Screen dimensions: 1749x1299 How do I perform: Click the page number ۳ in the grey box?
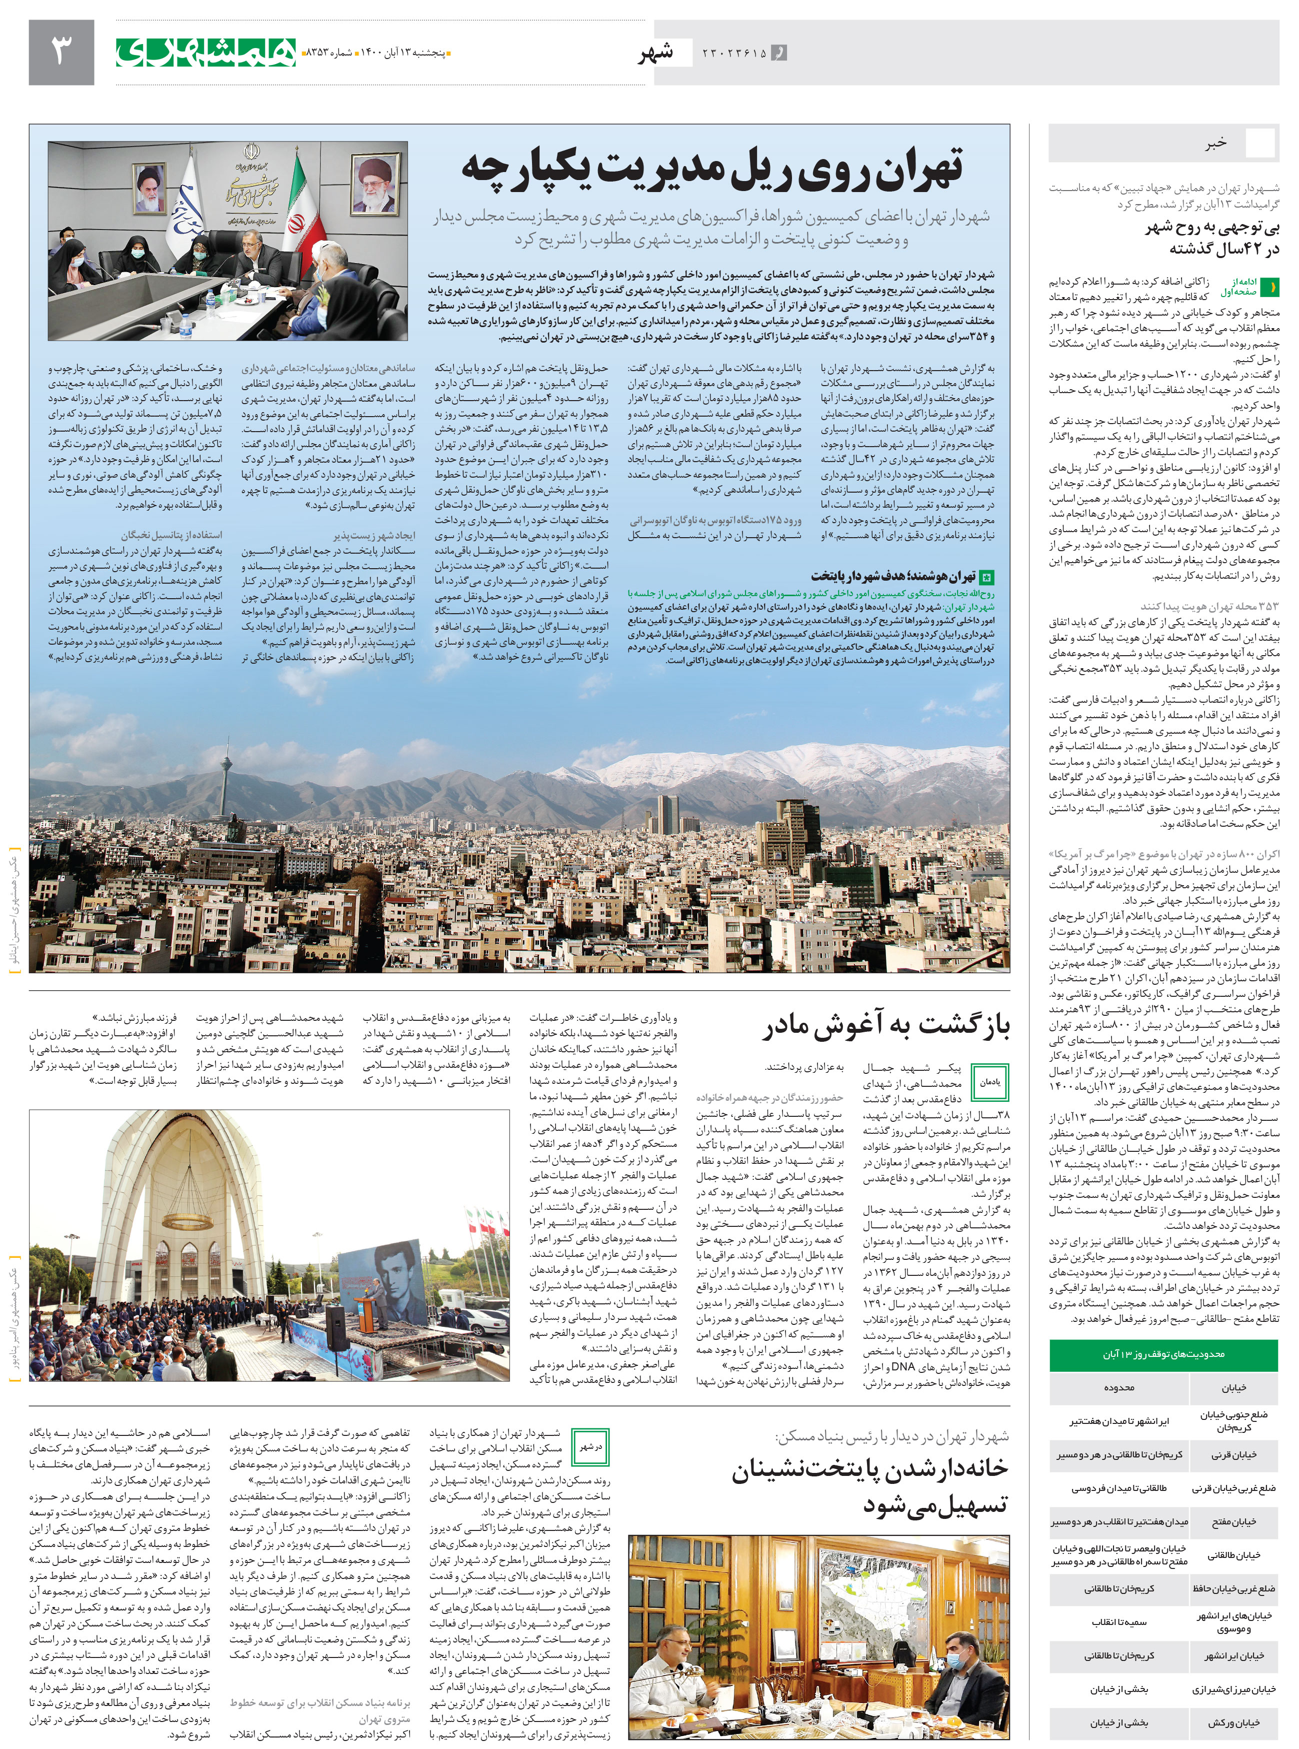pos(61,52)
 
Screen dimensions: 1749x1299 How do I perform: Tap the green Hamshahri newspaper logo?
pos(206,52)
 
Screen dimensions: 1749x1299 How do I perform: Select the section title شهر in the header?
pos(656,53)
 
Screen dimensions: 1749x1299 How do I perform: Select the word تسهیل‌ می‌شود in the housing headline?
pos(935,1504)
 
